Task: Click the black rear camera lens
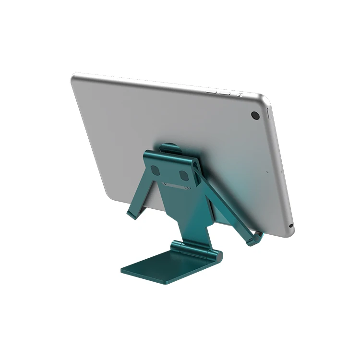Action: [255, 115]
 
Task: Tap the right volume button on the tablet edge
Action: [224, 92]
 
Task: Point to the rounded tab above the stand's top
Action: [168, 147]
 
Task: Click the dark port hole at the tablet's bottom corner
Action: [291, 226]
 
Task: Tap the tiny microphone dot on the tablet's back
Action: [267, 171]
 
